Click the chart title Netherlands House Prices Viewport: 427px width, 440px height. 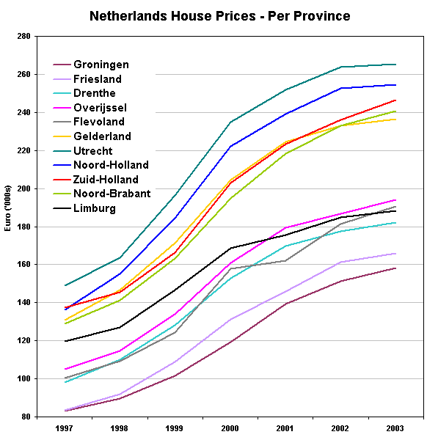219,15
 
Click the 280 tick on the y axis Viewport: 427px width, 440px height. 23,37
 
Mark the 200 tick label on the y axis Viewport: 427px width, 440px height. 23,188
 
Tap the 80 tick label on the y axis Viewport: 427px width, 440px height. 25,417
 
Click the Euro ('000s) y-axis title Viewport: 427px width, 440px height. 7,226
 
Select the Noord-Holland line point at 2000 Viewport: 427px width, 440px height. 230,146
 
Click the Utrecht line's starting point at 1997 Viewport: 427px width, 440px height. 65,285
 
